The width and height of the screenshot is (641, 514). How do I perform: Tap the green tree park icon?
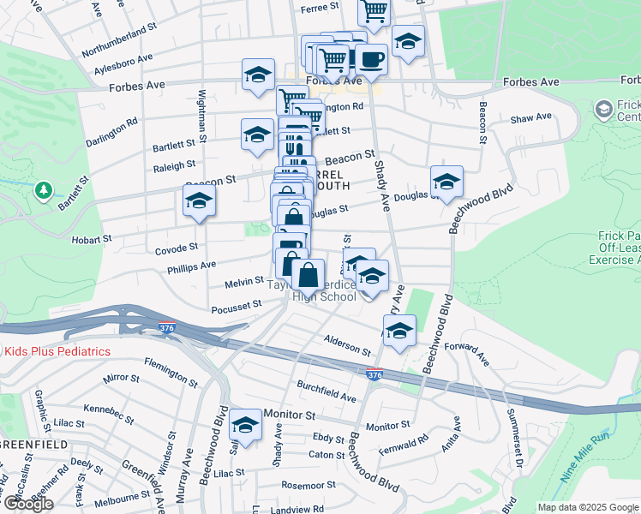[43, 190]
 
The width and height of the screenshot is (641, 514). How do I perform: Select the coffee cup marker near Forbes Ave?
[372, 60]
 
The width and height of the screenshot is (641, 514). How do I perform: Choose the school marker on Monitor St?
[246, 426]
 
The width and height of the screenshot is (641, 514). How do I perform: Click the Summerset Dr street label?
[516, 442]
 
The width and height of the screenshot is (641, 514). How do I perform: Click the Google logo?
[28, 504]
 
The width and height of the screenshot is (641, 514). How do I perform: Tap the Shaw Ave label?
[531, 120]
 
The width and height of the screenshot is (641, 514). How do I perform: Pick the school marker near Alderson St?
[399, 332]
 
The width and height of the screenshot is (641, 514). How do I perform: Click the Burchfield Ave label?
[326, 391]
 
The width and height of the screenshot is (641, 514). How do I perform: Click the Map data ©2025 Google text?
[588, 507]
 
